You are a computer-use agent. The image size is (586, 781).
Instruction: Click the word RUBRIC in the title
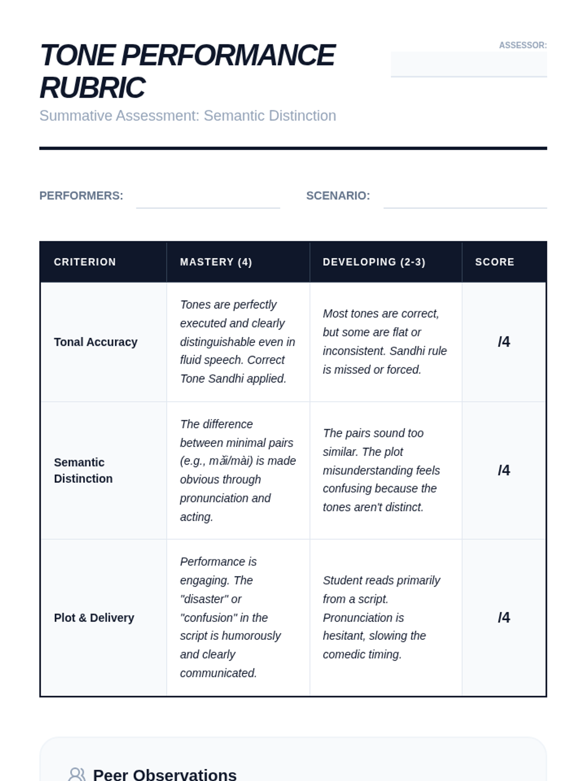(92, 88)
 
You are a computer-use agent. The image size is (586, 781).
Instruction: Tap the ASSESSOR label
(523, 45)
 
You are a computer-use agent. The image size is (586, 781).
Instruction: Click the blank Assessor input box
(468, 64)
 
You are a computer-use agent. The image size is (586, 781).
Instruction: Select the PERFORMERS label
(81, 196)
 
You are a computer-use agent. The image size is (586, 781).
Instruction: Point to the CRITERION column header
(85, 262)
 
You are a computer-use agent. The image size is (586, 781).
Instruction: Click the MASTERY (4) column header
(216, 262)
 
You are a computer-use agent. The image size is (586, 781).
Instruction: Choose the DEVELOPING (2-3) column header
(374, 262)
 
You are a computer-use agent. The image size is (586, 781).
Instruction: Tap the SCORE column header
(495, 262)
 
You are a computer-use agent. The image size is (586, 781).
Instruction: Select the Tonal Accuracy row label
(96, 342)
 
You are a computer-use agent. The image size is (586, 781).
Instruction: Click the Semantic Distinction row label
(83, 471)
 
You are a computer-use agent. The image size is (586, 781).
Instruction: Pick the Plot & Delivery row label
(94, 618)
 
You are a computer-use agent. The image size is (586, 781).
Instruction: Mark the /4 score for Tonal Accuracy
(504, 342)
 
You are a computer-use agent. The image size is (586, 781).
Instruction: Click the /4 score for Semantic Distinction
(504, 471)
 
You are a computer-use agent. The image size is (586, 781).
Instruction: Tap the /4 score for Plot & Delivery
(504, 618)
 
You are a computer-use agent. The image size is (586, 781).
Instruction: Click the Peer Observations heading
(165, 775)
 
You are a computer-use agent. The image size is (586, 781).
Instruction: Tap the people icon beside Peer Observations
(77, 775)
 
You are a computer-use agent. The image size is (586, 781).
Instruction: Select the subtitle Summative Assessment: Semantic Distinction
(188, 116)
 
